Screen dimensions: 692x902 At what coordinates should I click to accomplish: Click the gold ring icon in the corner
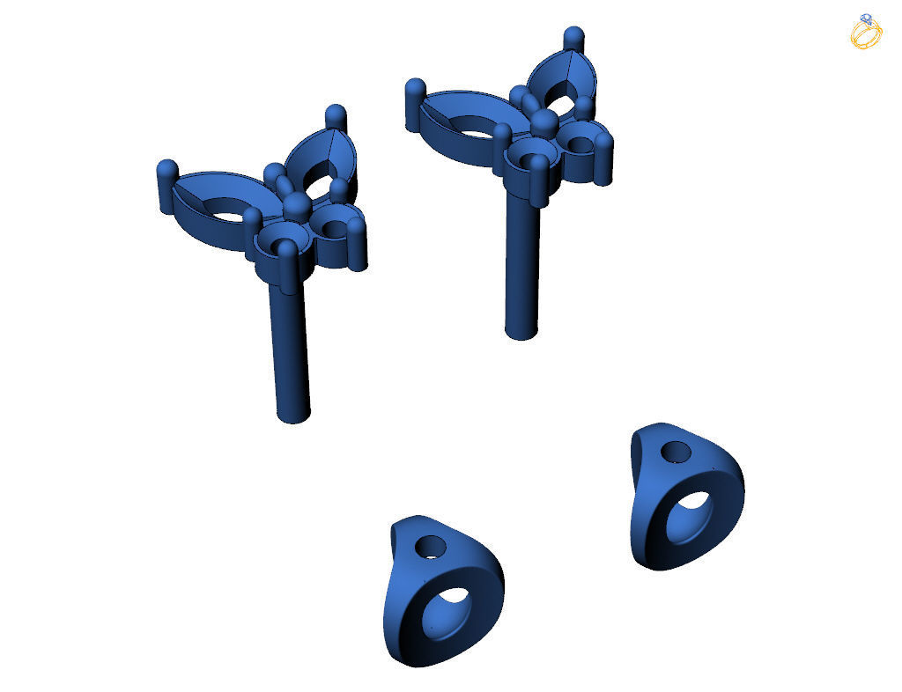point(866,32)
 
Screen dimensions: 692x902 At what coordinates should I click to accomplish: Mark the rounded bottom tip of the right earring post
point(521,330)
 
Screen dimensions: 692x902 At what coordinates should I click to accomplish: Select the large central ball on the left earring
point(297,207)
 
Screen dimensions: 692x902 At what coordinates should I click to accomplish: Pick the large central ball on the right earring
point(545,123)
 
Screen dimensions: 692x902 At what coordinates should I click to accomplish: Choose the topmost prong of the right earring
point(573,40)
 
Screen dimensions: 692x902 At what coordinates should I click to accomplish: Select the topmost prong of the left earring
point(336,117)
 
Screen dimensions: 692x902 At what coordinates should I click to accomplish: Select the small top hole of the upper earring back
point(676,453)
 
